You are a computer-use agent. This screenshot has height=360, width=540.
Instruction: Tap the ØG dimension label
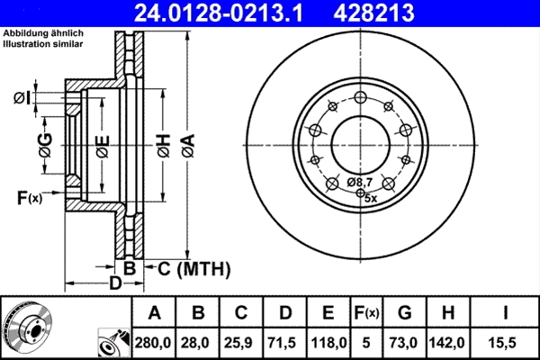45,143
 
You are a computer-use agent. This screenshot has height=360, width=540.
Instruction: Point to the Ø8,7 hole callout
360,183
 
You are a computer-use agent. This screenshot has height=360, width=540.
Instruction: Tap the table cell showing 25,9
241,341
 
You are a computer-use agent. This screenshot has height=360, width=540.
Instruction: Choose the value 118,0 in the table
328,341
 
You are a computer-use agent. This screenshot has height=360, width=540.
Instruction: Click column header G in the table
405,313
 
